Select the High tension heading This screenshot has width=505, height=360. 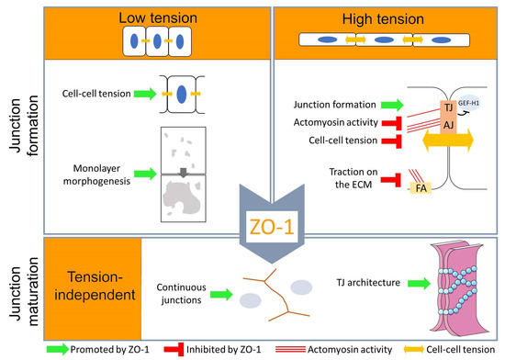(378, 18)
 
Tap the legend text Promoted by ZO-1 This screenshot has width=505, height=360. (83, 350)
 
